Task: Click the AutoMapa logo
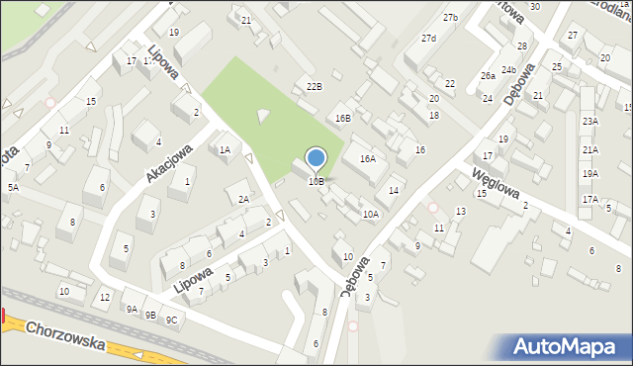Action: coord(567,346)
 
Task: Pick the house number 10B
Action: coord(316,181)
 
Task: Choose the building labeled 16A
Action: coord(368,158)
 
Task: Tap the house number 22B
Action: coord(314,87)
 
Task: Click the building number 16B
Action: coord(342,119)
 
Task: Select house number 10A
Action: coord(371,214)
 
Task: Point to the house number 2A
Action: coord(243,199)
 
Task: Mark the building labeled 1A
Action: coord(225,150)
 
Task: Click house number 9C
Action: coord(171,319)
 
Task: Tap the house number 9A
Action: coord(131,309)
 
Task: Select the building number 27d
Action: coord(428,39)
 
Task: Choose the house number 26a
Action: coord(488,75)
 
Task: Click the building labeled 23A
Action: coord(590,121)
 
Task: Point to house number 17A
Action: coord(590,199)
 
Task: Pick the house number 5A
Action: coord(13,187)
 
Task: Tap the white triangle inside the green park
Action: coord(262,117)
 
